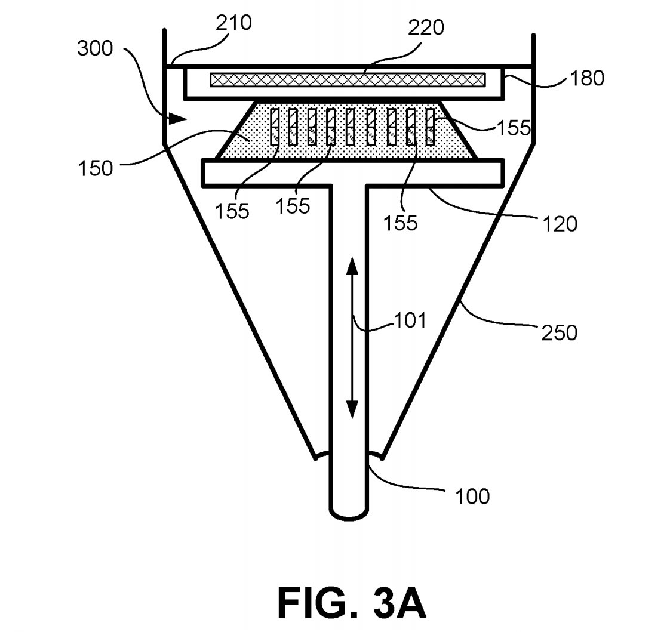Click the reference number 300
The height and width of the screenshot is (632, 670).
pyautogui.click(x=95, y=48)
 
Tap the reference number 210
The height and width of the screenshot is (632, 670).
pyautogui.click(x=233, y=23)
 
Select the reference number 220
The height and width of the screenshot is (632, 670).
pyautogui.click(x=426, y=28)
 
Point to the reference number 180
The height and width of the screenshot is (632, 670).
pyautogui.click(x=586, y=78)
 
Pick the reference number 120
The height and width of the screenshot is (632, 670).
pyautogui.click(x=560, y=223)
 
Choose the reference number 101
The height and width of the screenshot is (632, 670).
pyautogui.click(x=410, y=320)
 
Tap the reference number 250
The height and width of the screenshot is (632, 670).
pyautogui.click(x=560, y=332)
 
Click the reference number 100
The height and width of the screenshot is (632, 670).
pyautogui.click(x=472, y=496)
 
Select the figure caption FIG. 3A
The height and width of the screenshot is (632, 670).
pyautogui.click(x=352, y=603)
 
